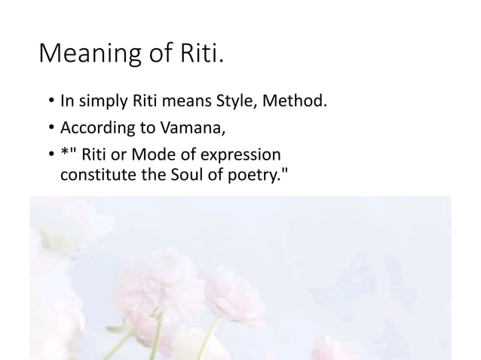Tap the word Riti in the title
[198, 55]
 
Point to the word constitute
[90, 175]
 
